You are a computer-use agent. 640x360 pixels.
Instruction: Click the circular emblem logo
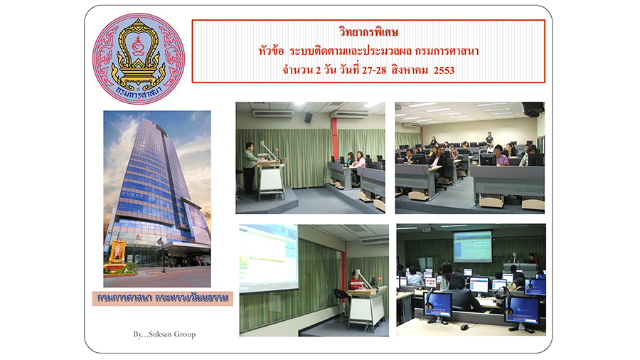139,58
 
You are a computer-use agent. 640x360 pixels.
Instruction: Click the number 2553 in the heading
444,70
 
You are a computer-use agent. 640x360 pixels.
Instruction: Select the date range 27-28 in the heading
374,70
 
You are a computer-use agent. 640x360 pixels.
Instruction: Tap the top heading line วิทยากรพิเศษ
368,32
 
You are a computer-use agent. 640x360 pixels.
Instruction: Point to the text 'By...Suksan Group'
164,334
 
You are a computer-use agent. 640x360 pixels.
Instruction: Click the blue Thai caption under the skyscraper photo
162,298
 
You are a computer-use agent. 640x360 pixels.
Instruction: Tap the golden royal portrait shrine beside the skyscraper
117,253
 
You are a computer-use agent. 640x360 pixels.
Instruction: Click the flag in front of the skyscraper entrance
159,241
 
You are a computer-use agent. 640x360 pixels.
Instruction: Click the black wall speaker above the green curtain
309,118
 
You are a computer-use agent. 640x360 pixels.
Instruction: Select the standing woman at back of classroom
489,140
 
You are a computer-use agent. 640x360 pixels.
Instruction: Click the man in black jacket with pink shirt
439,162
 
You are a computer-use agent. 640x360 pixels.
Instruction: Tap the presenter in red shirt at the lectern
354,282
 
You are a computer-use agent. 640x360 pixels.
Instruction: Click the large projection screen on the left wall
269,258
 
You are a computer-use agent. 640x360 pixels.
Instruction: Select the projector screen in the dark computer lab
473,246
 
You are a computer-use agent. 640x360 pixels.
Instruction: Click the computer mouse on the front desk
464,327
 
